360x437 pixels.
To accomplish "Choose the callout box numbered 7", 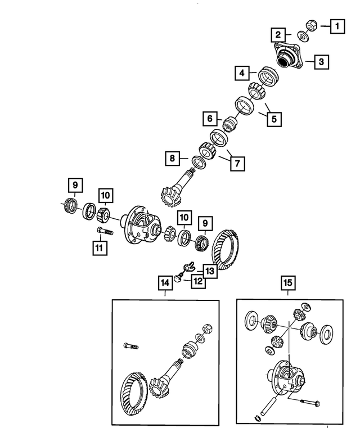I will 236,163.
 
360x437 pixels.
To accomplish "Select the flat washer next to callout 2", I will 303,37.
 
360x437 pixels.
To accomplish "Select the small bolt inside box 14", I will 128,346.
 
